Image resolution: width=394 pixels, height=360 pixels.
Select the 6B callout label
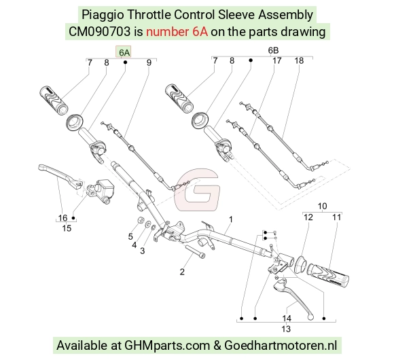click(273, 50)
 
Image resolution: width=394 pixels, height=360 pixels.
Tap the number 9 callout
click(149, 62)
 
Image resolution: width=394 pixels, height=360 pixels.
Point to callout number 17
click(277, 61)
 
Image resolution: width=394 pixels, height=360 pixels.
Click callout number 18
click(299, 61)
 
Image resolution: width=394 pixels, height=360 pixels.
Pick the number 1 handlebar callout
click(231, 219)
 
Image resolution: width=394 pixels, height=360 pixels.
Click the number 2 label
click(182, 272)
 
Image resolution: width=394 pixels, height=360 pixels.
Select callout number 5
click(130, 236)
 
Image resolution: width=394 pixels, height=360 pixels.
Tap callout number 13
click(286, 329)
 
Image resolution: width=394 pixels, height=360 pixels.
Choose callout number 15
click(67, 228)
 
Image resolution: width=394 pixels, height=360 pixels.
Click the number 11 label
click(337, 217)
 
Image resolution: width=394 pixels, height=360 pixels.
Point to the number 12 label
click(308, 217)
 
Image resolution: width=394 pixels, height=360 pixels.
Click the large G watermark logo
click(197, 190)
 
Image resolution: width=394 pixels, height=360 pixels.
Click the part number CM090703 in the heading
click(99, 32)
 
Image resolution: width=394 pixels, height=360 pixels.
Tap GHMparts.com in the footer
click(167, 345)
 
